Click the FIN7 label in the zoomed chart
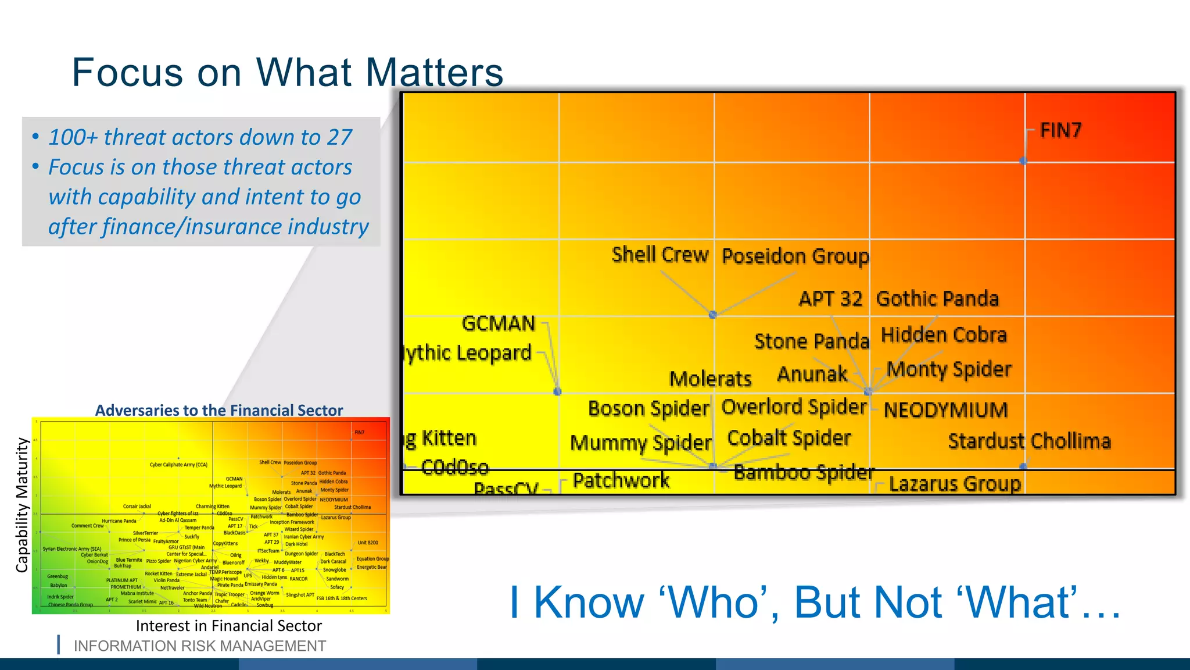(x=1060, y=130)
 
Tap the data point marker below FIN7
(x=1024, y=161)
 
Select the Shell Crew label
(x=660, y=255)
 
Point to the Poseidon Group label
(x=795, y=256)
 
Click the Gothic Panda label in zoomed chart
(x=937, y=299)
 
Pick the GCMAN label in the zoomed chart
(x=499, y=323)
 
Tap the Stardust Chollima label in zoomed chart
(x=1029, y=441)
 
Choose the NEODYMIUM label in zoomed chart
(x=945, y=410)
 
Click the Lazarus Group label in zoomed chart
(x=955, y=484)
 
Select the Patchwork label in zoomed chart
(x=621, y=480)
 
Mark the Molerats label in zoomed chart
(x=710, y=379)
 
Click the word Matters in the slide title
(x=434, y=73)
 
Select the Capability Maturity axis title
(x=22, y=505)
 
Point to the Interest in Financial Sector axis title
(x=228, y=626)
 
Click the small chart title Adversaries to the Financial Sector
(x=219, y=411)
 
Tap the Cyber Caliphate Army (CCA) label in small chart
(x=178, y=465)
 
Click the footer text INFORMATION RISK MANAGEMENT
(x=199, y=646)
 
